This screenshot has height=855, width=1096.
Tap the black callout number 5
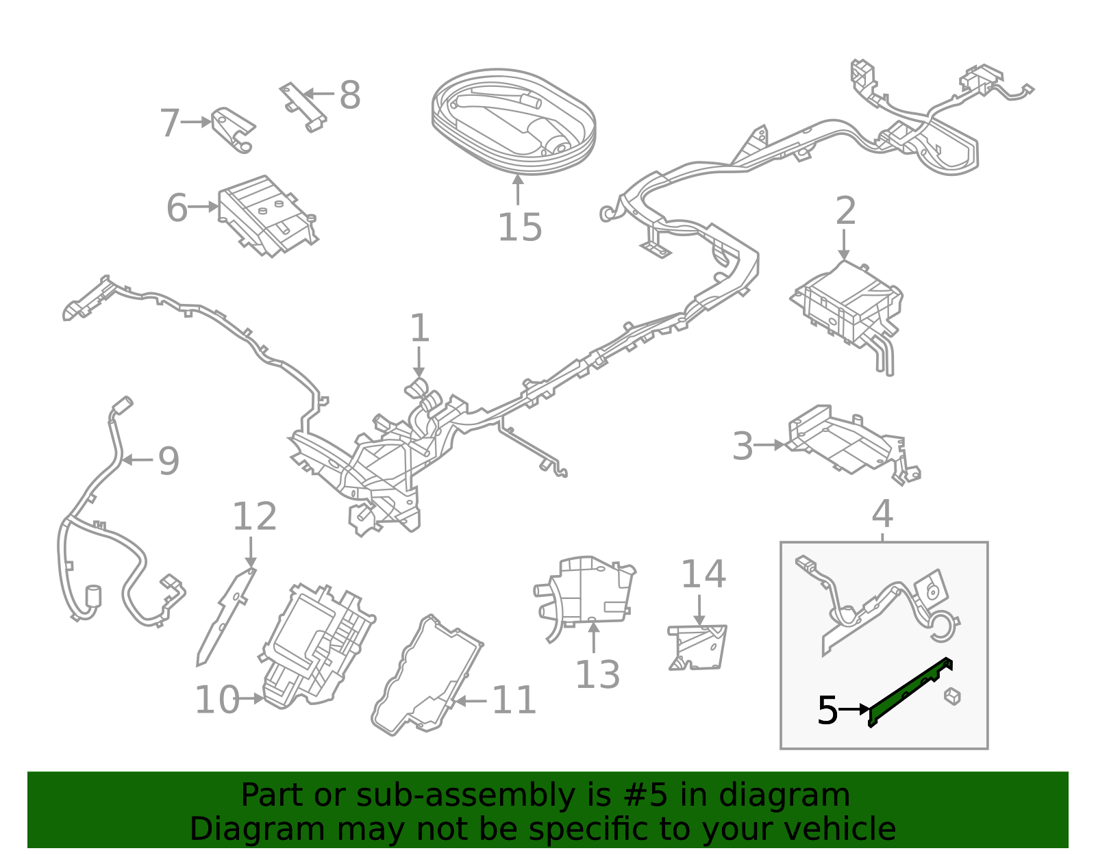[x=827, y=711]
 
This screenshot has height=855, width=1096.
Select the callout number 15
[x=519, y=227]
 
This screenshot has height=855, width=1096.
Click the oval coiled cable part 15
[x=514, y=122]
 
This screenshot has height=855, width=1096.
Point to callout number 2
[x=845, y=211]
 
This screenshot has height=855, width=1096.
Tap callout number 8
[x=349, y=95]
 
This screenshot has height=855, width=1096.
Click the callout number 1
[x=419, y=329]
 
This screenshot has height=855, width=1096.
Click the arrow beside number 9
[x=138, y=460]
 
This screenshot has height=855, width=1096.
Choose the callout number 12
[x=254, y=517]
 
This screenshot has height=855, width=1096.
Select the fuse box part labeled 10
[x=319, y=643]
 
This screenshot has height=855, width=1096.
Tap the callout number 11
[x=514, y=700]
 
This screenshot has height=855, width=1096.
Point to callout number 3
[x=743, y=446]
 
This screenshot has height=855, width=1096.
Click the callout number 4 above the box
[x=882, y=514]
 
